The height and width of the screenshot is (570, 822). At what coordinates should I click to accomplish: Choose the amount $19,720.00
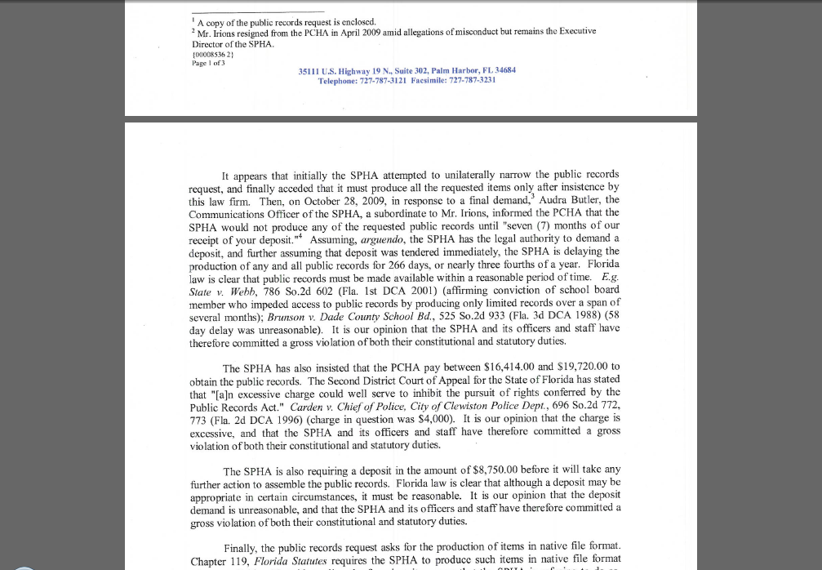click(x=577, y=367)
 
